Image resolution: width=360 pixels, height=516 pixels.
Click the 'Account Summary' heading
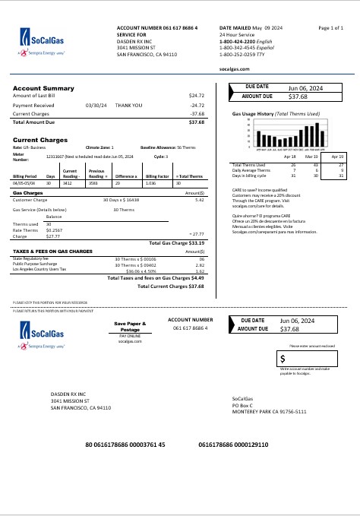43,88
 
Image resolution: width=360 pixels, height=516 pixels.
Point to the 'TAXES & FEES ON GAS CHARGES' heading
52,251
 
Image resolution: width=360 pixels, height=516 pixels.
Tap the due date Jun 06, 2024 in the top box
306,89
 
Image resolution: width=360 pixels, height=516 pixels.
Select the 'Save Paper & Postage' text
129,327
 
